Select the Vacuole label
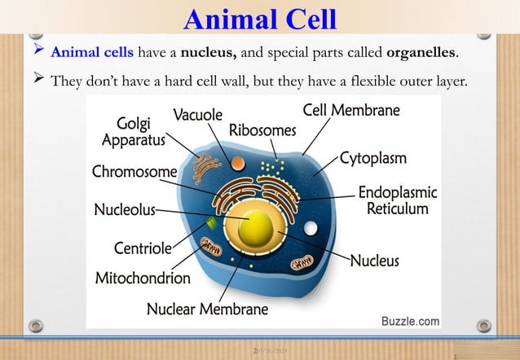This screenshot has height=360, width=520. (197, 116)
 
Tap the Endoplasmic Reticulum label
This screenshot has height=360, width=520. (397, 201)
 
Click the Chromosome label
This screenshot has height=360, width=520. (134, 172)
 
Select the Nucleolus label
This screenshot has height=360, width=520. (124, 210)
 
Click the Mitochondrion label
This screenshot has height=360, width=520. (143, 278)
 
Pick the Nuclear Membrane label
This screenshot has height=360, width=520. (207, 309)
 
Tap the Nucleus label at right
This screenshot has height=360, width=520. (374, 261)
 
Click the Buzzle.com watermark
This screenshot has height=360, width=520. (410, 322)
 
